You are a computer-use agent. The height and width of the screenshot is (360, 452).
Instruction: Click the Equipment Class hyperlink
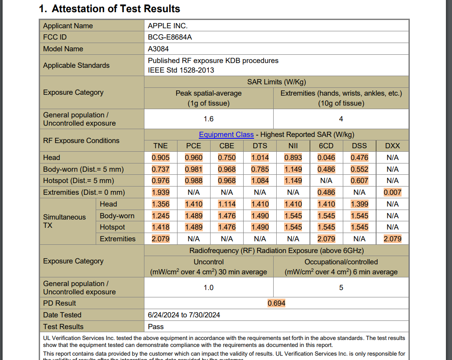tap(226, 135)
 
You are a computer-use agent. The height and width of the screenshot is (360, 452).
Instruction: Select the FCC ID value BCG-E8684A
tap(170, 37)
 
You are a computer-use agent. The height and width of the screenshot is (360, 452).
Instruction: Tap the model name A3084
tap(158, 49)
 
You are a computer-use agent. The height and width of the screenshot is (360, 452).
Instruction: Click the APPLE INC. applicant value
tap(167, 26)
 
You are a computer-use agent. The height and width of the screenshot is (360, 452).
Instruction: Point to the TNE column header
tap(161, 146)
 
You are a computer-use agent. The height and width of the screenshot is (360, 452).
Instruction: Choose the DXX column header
tap(392, 146)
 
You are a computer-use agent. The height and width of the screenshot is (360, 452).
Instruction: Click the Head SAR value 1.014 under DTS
tap(260, 157)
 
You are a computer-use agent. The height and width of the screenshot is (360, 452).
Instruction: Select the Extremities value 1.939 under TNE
tap(161, 192)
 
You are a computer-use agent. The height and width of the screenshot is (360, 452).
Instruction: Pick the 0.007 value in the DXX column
tap(392, 192)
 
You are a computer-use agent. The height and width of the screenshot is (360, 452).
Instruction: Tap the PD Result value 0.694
tap(276, 303)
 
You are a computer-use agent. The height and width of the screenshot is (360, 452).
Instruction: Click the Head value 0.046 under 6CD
tap(326, 157)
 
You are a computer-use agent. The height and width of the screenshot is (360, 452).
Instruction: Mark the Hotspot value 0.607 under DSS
tap(359, 180)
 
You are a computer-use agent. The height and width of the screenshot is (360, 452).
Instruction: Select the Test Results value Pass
tap(156, 327)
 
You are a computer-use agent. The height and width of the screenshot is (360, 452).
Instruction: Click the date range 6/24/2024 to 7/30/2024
tap(184, 315)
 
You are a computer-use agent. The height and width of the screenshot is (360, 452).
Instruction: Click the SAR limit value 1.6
tap(209, 119)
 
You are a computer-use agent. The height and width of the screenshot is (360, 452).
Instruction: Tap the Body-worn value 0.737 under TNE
tap(161, 169)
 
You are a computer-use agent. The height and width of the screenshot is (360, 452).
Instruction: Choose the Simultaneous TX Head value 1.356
tap(161, 204)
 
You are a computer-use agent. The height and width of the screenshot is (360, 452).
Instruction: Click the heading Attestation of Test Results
tap(109, 9)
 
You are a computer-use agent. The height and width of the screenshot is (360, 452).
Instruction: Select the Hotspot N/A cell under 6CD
tap(326, 180)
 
